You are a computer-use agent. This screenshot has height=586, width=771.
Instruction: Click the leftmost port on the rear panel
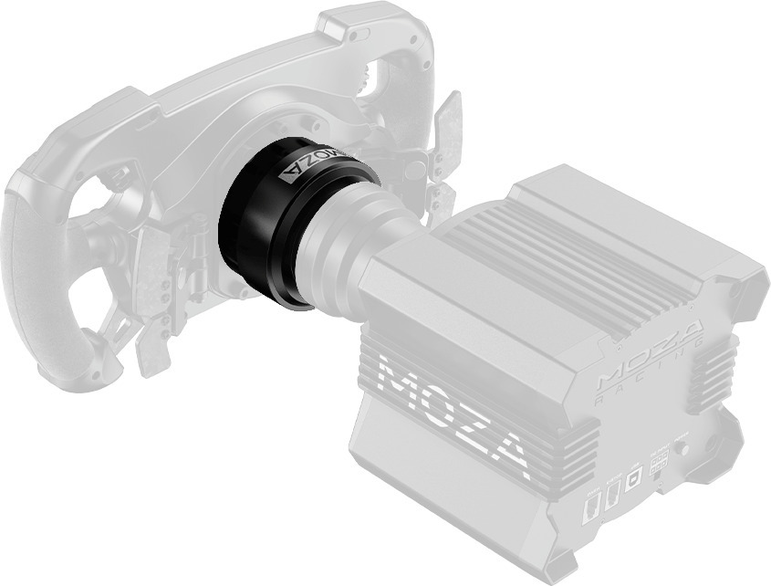590,508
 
